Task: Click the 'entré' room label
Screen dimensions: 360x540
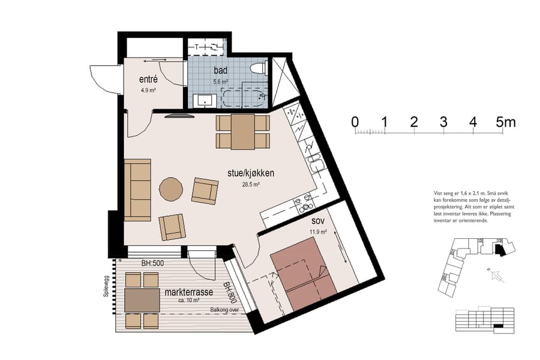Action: [x=148, y=80]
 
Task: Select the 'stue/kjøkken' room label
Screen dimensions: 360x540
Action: [x=251, y=173]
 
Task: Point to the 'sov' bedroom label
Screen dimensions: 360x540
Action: [x=319, y=222]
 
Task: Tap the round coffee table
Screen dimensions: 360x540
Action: [x=172, y=189]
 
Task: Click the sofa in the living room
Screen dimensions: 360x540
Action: [x=138, y=190]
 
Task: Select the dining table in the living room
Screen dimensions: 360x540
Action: [x=242, y=131]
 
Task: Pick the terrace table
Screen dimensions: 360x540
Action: [x=142, y=299]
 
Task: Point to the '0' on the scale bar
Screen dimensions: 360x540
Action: [x=355, y=123]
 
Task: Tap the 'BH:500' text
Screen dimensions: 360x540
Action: [x=152, y=263]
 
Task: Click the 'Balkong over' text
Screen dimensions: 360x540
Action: [x=224, y=310]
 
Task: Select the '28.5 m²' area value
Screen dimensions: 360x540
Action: [x=251, y=185]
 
